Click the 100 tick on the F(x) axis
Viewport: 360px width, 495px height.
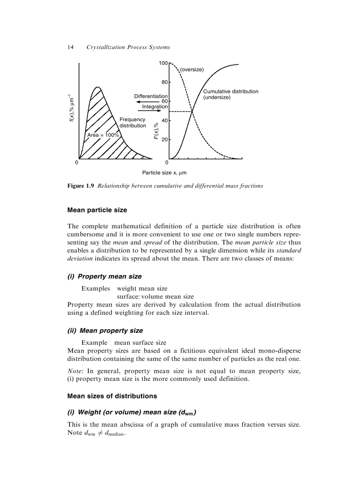pyautogui.click(x=164, y=63)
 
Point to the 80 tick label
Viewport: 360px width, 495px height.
pyautogui.click(x=165, y=82)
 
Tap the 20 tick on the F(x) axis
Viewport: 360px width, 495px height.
pyautogui.click(x=165, y=140)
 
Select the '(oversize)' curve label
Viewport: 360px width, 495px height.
pyautogui.click(x=191, y=70)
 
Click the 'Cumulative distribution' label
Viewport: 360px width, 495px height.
pyautogui.click(x=230, y=91)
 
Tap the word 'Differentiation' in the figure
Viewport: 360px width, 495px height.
pyautogui.click(x=151, y=96)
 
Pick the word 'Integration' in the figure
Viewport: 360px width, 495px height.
pyautogui.click(x=155, y=107)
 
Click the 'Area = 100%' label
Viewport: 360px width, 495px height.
pyautogui.click(x=103, y=135)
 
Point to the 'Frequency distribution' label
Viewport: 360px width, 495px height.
pyautogui.click(x=133, y=123)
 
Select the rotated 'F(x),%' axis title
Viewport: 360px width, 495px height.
pyautogui.click(x=156, y=131)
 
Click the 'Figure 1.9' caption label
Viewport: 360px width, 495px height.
pyautogui.click(x=81, y=186)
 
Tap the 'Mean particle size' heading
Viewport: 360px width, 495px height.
pyautogui.click(x=97, y=210)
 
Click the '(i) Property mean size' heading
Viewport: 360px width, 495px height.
pyautogui.click(x=105, y=276)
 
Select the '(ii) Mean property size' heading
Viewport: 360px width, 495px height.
pyautogui.click(x=105, y=330)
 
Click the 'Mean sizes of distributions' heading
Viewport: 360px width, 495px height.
pyautogui.click(x=112, y=396)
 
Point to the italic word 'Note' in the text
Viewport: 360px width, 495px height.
pyautogui.click(x=74, y=371)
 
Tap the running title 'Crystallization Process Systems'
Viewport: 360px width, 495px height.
pyautogui.click(x=128, y=47)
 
